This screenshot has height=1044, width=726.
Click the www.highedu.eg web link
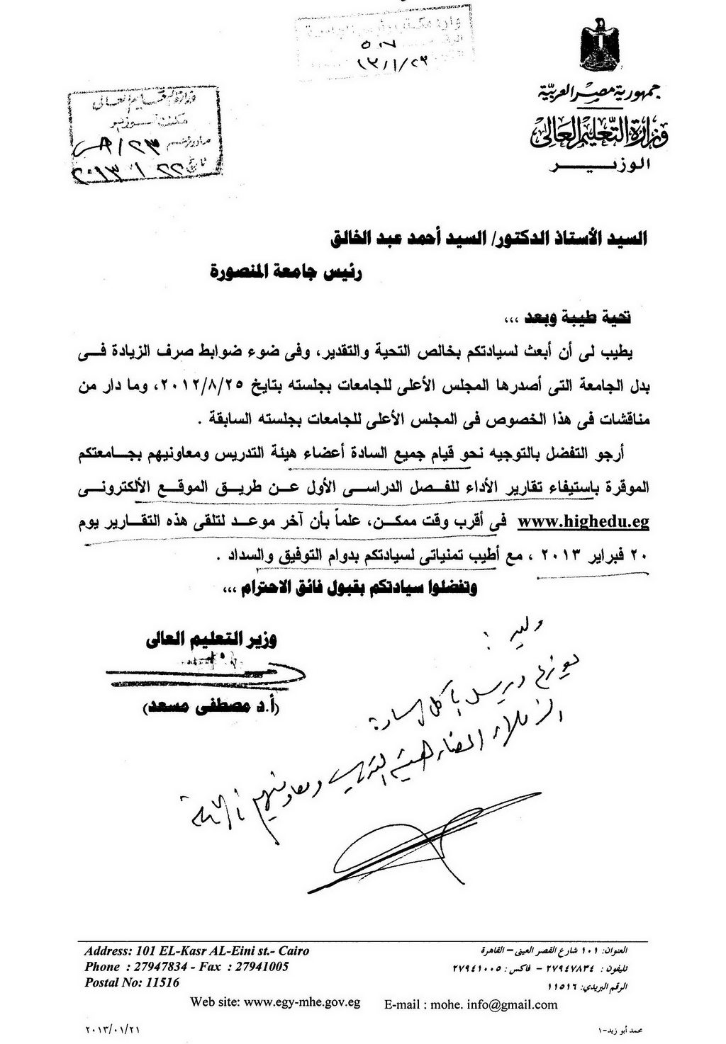click(x=584, y=523)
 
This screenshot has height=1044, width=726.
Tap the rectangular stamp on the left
click(x=131, y=136)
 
